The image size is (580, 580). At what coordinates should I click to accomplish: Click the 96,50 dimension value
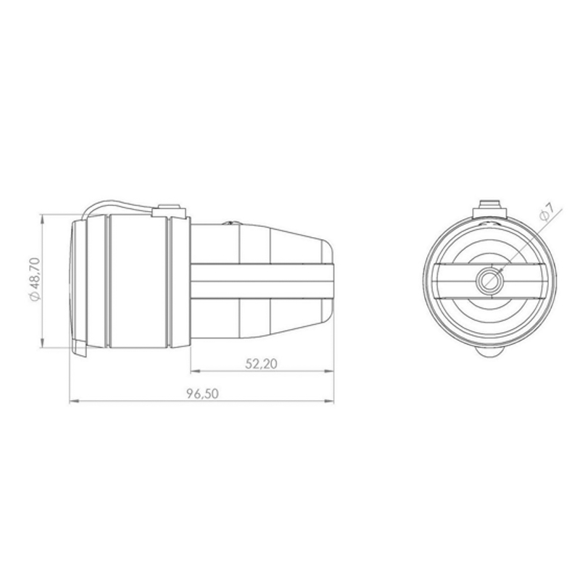(202, 394)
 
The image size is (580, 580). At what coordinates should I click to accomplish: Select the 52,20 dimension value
(261, 364)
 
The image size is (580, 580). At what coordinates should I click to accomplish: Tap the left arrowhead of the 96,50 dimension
(75, 401)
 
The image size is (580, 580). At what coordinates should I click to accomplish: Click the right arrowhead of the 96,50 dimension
(329, 401)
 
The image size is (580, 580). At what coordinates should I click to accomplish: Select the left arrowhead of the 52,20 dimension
(196, 371)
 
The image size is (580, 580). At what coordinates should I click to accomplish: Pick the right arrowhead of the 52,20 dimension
(329, 371)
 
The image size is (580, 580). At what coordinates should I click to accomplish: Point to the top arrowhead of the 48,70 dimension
(43, 220)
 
